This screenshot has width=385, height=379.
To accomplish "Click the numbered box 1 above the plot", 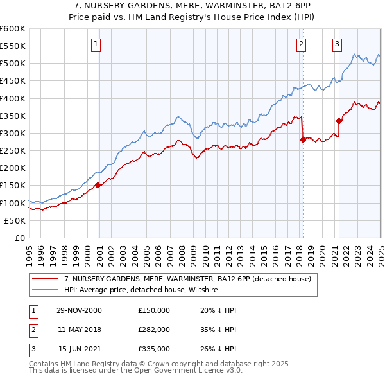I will pos(96,44).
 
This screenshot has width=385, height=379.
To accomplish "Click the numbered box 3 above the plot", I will pos(338,44).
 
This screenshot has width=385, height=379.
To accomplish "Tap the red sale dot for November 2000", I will pos(98,186).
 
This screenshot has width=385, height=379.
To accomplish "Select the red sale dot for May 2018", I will pos(302,139).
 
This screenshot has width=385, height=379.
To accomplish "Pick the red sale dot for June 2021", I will pos(339,121).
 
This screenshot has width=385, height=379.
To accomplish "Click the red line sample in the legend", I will pos(45,279).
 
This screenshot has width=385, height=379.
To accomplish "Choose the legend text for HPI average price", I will pos(141,290).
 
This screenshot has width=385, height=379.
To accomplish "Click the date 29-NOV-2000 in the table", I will pos(79,310).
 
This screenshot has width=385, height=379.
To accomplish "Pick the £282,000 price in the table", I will pos(153,330).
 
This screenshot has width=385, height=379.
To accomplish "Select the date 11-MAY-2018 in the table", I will pos(79,330).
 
